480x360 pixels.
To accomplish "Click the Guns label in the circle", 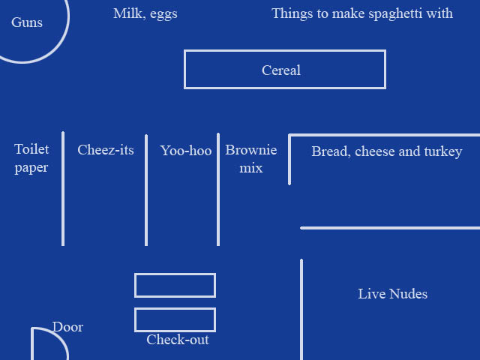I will click(x=27, y=22).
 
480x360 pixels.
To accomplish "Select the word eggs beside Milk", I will click(x=163, y=14).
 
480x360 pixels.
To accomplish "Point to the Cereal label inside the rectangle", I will click(x=281, y=70).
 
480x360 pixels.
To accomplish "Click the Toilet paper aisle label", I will click(x=31, y=158).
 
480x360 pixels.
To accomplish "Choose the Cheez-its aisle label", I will click(x=106, y=150).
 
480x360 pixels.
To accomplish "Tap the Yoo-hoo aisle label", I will click(x=186, y=151).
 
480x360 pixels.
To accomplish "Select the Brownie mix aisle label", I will click(x=251, y=158).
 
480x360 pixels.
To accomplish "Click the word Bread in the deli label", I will click(x=329, y=151).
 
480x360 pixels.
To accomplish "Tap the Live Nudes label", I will click(x=393, y=294).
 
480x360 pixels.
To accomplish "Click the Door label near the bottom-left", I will click(x=67, y=327).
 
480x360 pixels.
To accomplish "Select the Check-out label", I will click(x=178, y=340).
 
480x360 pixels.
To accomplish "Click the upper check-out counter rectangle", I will click(x=175, y=286).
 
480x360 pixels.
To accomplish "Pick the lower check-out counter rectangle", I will click(x=175, y=319).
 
